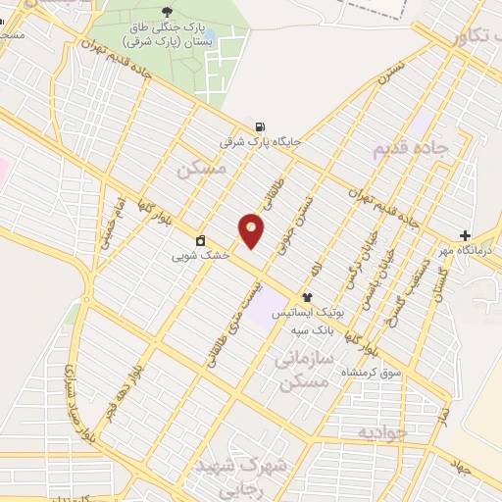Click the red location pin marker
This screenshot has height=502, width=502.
(x=252, y=230)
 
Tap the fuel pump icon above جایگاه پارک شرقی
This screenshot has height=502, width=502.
(x=259, y=125)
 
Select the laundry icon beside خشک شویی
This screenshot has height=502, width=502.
(x=200, y=240)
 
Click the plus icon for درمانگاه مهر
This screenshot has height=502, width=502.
(x=465, y=235)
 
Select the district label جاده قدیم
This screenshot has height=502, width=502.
(x=411, y=150)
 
